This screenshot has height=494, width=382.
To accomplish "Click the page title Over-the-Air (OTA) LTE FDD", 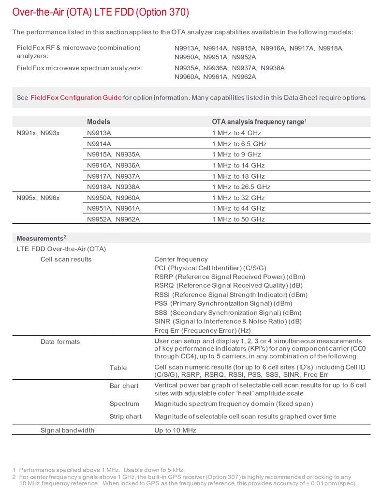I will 101,12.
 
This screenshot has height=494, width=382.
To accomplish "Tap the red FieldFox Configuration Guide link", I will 76,97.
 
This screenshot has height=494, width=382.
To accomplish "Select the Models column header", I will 99,122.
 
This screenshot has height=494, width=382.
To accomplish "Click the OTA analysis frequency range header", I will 259,122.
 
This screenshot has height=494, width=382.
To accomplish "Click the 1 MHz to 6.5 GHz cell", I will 239,144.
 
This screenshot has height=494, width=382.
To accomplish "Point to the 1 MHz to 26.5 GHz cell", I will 241,187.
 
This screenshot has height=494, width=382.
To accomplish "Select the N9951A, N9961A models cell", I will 113,208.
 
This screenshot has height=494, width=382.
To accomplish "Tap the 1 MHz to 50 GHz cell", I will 238,219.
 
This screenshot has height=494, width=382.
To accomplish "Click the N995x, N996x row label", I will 38,198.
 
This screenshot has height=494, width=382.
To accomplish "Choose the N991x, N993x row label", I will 38,133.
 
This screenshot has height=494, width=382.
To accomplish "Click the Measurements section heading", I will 41,238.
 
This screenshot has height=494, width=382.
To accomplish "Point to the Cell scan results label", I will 66,259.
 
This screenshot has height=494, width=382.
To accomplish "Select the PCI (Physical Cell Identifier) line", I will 210,268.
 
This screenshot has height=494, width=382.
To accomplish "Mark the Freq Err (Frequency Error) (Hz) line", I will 203,330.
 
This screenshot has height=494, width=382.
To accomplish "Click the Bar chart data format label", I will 124,386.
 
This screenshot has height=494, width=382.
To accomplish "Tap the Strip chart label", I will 125,417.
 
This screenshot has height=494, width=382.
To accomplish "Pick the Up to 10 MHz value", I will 175,430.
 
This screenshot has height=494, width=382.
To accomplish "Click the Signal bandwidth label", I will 67,430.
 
